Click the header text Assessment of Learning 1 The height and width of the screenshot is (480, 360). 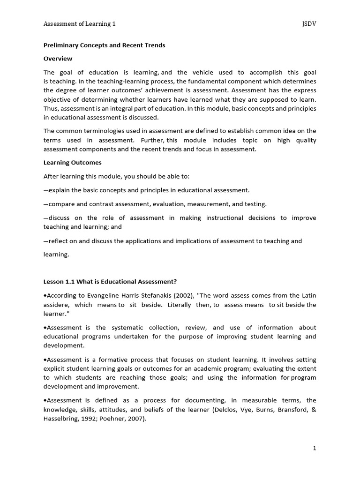pyautogui.click(x=79, y=24)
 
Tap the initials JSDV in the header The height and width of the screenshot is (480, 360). pyautogui.click(x=309, y=24)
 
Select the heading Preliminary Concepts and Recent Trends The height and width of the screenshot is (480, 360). pyautogui.click(x=104, y=45)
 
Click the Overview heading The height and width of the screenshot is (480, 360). pyautogui.click(x=58, y=59)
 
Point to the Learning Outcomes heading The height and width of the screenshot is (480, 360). pyautogui.click(x=72, y=163)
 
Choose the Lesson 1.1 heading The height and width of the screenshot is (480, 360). pyautogui.click(x=110, y=281)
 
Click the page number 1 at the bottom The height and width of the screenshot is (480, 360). pyautogui.click(x=315, y=448)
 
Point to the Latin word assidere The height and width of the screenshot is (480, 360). pyautogui.click(x=57, y=305)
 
